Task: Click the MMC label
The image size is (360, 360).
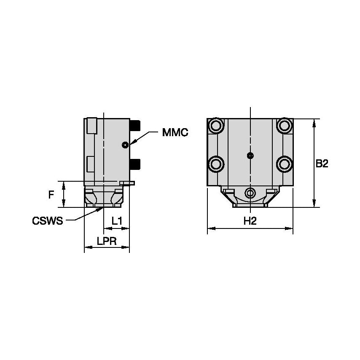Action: tap(175, 132)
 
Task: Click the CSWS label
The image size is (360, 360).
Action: tap(47, 221)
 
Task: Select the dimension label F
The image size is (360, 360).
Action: tap(51, 194)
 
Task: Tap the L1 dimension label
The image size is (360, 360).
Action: tap(117, 220)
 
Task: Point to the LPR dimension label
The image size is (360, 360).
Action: tap(107, 241)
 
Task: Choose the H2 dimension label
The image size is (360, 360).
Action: tap(250, 221)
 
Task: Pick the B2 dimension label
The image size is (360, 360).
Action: tap(322, 164)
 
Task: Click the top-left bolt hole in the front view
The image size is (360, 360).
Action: tap(217, 125)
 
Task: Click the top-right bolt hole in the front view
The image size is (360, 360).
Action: tap(284, 125)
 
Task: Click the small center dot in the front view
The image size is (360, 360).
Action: tap(250, 156)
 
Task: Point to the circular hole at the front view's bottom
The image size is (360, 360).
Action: tap(250, 193)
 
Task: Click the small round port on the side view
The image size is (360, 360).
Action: tap(125, 145)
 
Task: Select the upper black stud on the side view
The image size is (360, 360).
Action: tap(135, 125)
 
